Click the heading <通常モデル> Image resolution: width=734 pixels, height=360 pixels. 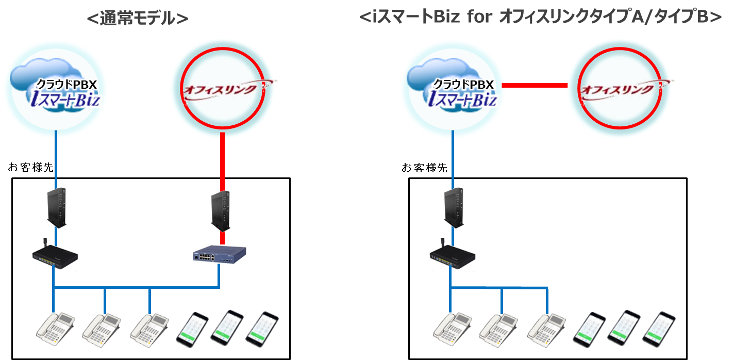pyautogui.click(x=138, y=19)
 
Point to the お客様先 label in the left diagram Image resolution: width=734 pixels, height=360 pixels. pyautogui.click(x=30, y=168)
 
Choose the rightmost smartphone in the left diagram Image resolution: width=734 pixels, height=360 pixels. pyautogui.click(x=262, y=328)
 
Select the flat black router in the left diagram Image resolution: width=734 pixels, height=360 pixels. pyautogui.click(x=54, y=256)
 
